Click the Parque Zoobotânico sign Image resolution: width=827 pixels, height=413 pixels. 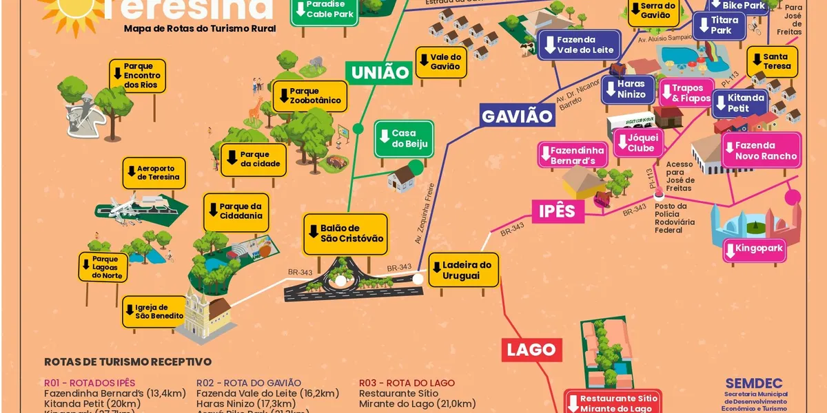(309, 96)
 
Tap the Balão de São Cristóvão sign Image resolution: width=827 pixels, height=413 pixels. (345, 233)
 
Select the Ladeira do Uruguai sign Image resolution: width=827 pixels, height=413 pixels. (463, 270)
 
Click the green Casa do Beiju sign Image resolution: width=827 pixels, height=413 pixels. (404, 138)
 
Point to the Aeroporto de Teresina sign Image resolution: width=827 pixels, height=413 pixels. (154, 173)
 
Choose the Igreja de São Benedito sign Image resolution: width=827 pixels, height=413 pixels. (154, 311)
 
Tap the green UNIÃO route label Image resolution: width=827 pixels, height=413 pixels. (380, 72)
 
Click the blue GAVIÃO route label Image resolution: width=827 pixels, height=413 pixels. (518, 116)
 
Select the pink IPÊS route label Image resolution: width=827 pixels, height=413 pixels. (557, 210)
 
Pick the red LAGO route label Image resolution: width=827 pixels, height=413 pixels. (531, 350)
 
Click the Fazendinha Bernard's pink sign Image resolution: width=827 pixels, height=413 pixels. (573, 156)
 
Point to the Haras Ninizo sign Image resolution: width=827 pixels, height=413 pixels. (627, 89)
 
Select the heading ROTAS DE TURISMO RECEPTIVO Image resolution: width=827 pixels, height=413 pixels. (127, 361)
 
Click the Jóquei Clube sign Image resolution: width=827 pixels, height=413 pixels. (638, 142)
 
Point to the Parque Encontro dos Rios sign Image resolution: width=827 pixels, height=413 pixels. (137, 75)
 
